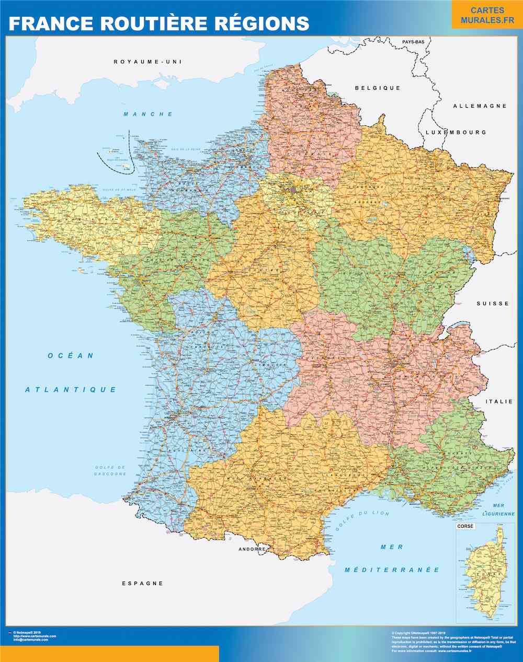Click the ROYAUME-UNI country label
[147, 62]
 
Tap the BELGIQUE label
[378, 88]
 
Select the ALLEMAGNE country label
[480, 106]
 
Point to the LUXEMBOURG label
[456, 133]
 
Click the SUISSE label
[493, 304]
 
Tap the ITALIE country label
[499, 402]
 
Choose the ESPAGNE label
[142, 583]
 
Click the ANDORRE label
[252, 549]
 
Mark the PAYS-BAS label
[413, 41]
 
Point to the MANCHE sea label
[148, 114]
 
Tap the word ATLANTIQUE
[71, 390]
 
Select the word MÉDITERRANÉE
[392, 570]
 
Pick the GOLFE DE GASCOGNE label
[110, 470]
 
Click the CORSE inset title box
[465, 526]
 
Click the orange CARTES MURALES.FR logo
[487, 15]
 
